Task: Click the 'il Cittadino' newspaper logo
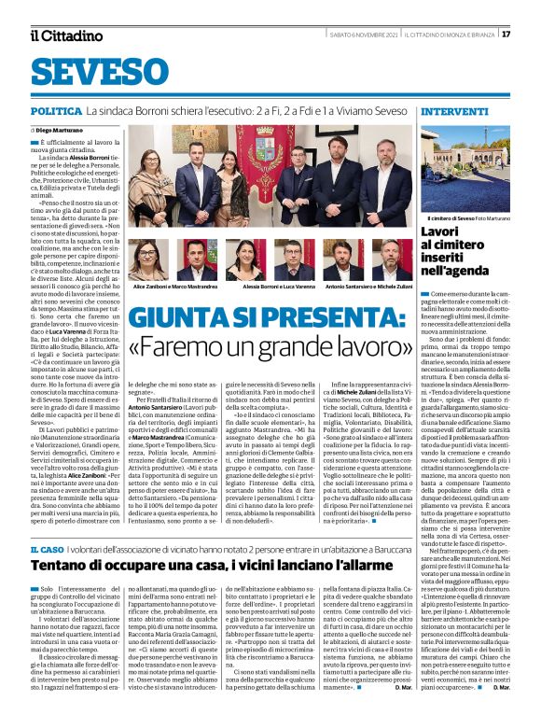coord(66,35)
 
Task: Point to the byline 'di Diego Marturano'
coord(61,130)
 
